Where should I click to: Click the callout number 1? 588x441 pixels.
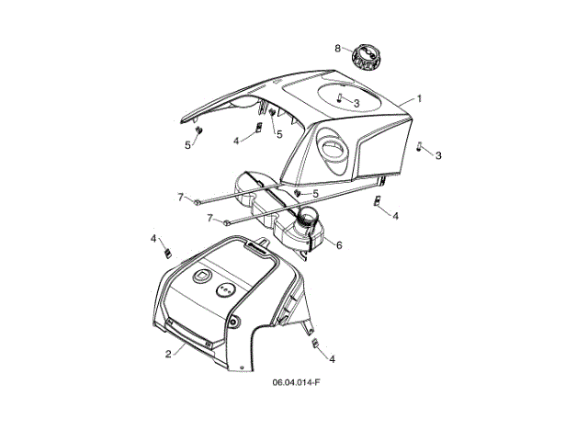click(x=419, y=98)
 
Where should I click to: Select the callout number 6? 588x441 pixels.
click(x=338, y=245)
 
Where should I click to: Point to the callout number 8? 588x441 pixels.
click(x=337, y=48)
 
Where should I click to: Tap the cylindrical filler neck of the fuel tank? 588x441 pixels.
click(x=311, y=220)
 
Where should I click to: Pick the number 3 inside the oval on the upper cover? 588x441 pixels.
click(x=356, y=103)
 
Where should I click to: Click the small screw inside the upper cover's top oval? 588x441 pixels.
click(x=339, y=97)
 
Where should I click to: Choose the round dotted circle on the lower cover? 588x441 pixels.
click(x=224, y=289)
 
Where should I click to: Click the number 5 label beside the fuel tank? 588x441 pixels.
click(x=315, y=194)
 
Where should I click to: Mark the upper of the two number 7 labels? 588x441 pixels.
click(x=181, y=197)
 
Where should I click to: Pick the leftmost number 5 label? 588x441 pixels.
click(x=188, y=145)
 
